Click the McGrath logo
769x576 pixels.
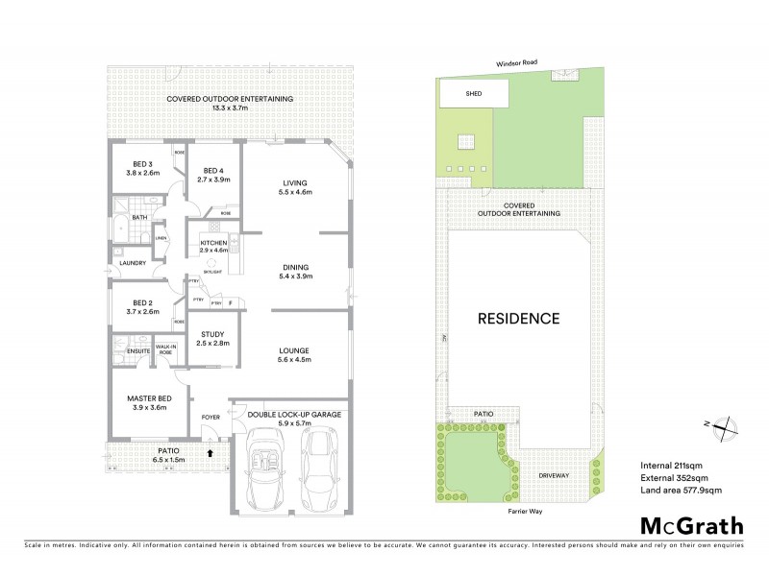point(691,525)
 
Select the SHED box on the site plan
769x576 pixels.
point(473,94)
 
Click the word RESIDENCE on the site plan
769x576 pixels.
point(520,319)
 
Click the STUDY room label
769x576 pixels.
point(213,334)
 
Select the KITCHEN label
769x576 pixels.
point(213,243)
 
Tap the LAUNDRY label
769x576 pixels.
point(132,263)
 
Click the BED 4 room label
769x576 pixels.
point(213,170)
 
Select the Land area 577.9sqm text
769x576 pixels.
point(681,491)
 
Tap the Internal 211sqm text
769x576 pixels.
point(669,466)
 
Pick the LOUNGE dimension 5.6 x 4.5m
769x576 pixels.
point(296,359)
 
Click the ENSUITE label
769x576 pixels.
point(126,352)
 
